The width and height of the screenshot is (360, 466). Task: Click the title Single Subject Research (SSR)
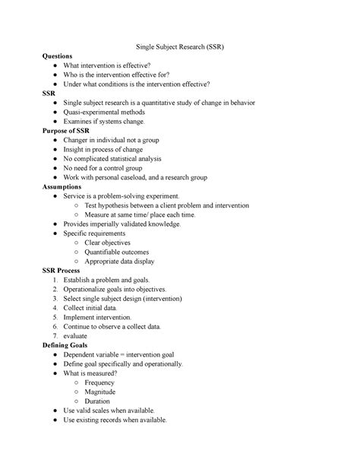point(179,46)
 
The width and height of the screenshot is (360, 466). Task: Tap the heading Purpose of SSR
point(67,131)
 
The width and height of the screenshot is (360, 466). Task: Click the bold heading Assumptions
point(65,185)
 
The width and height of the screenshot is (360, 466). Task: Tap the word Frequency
point(100,382)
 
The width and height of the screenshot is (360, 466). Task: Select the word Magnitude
point(102,392)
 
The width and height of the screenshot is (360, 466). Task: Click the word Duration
point(98,401)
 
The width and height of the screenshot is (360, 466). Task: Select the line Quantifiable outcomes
point(117,252)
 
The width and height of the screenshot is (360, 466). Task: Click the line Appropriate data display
point(120,261)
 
